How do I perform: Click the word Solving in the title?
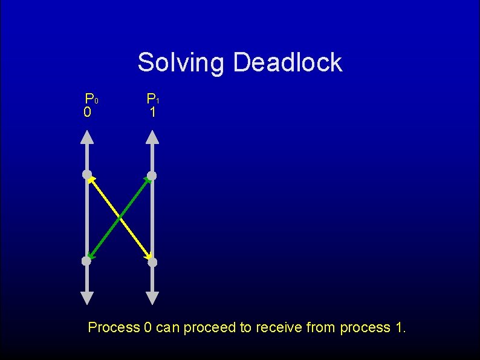181,62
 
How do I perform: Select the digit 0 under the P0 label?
88,113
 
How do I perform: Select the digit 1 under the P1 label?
152,113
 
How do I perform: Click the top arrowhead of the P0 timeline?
87,138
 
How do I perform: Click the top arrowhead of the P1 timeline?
152,138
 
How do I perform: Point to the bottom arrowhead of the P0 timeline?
87,297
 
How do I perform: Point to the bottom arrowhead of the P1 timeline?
152,297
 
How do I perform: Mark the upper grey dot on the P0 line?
87,175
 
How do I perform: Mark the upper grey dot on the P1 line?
152,175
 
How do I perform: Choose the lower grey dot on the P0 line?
86,261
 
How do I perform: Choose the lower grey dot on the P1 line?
152,262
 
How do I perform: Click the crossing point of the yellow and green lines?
119,218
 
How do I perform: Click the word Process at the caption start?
114,328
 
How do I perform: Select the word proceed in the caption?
210,328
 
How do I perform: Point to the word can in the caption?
167,328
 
